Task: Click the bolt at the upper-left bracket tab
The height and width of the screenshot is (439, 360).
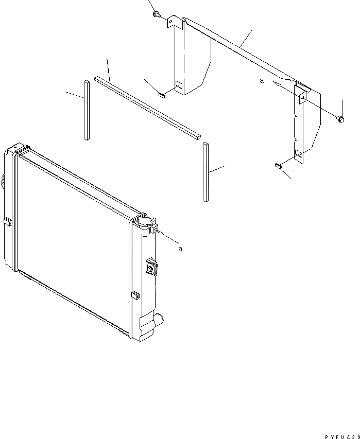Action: [156, 14]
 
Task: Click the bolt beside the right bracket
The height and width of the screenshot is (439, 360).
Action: [340, 119]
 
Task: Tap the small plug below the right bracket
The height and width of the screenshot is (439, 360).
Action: [277, 165]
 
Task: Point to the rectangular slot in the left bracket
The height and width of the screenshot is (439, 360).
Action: [178, 85]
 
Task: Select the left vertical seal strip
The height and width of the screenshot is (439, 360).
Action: [85, 109]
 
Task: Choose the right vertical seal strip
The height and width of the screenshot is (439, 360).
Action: [205, 172]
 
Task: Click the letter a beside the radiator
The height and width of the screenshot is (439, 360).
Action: [180, 249]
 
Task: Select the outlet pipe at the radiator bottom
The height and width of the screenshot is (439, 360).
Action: [160, 321]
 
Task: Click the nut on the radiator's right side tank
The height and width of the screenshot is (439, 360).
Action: [152, 268]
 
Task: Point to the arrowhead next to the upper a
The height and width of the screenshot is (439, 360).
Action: [277, 83]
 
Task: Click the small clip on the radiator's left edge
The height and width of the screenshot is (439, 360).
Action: [9, 222]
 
